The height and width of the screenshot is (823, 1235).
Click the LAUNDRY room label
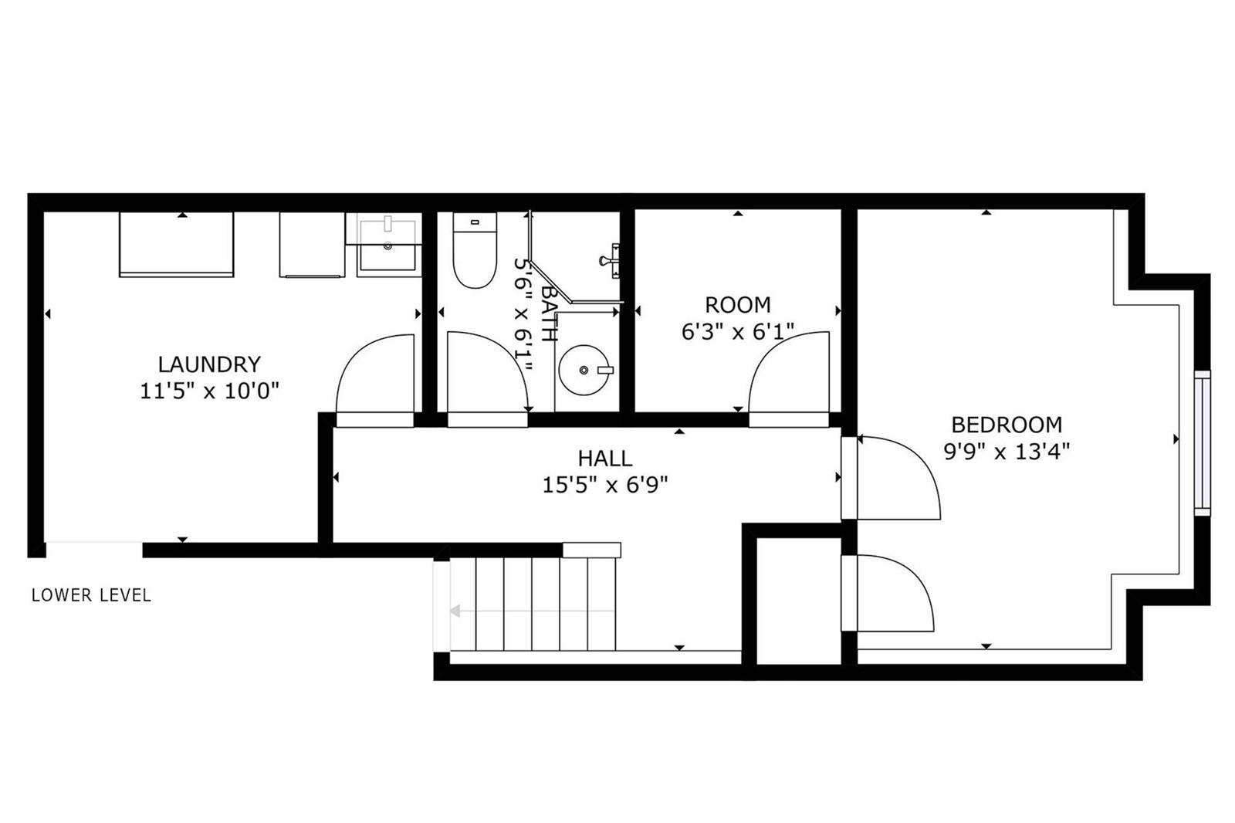209,364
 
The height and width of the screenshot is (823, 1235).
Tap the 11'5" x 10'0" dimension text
209,391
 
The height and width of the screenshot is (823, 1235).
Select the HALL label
605,459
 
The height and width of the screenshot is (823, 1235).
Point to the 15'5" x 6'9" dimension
605,486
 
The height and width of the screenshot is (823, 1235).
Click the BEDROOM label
1007,425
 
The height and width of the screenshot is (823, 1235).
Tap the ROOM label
738,305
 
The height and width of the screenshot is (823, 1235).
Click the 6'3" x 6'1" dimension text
738,332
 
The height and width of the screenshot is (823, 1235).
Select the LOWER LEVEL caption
91,595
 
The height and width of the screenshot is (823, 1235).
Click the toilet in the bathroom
475,250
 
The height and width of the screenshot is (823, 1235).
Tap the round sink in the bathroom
584,370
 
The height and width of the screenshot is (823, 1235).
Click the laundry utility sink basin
388,257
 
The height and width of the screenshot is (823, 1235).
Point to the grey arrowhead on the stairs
455,611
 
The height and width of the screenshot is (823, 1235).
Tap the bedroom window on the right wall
1203,443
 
